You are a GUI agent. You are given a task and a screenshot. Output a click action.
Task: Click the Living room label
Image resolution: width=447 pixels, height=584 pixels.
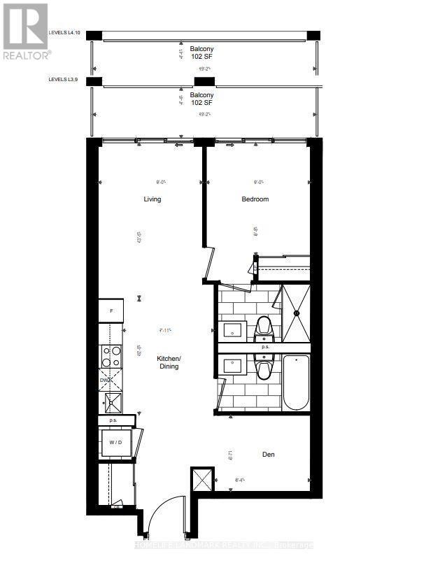[152, 199]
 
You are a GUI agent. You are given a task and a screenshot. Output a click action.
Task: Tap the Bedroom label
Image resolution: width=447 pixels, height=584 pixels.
[255, 199]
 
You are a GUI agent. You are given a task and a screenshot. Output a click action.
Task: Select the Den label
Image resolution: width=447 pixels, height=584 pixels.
[269, 455]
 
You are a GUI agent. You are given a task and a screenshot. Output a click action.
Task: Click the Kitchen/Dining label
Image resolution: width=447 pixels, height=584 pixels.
[169, 362]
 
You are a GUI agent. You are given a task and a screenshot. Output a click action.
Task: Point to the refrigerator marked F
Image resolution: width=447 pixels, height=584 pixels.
[111, 311]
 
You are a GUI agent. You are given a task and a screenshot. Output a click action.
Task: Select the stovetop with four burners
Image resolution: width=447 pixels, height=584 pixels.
[111, 356]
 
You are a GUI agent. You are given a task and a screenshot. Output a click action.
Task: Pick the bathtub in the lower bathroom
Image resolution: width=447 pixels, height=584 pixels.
[296, 383]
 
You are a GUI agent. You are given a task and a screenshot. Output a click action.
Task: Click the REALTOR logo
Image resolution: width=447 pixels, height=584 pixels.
[26, 31]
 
